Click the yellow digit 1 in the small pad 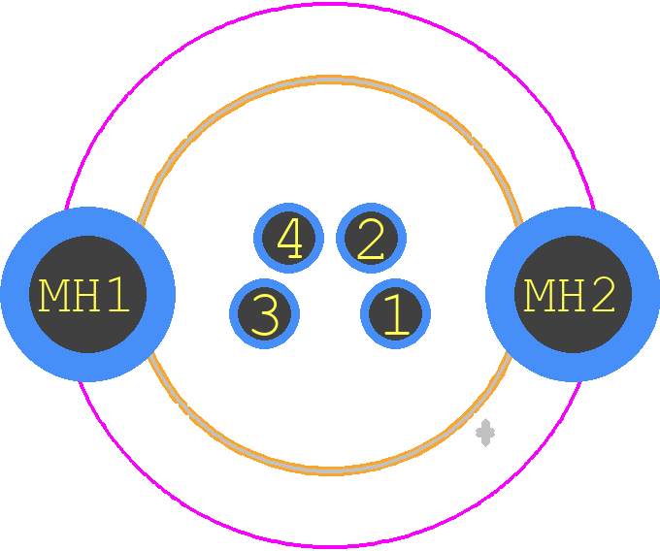tap(396, 314)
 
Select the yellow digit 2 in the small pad tap(371, 239)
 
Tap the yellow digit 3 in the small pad tap(265, 314)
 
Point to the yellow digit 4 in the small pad tap(289, 238)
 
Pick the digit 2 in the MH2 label tap(603, 295)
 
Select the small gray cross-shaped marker tap(485, 433)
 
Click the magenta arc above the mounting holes tap(330, 5)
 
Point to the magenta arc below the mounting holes tap(330, 546)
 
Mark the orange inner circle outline tap(330, 78)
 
